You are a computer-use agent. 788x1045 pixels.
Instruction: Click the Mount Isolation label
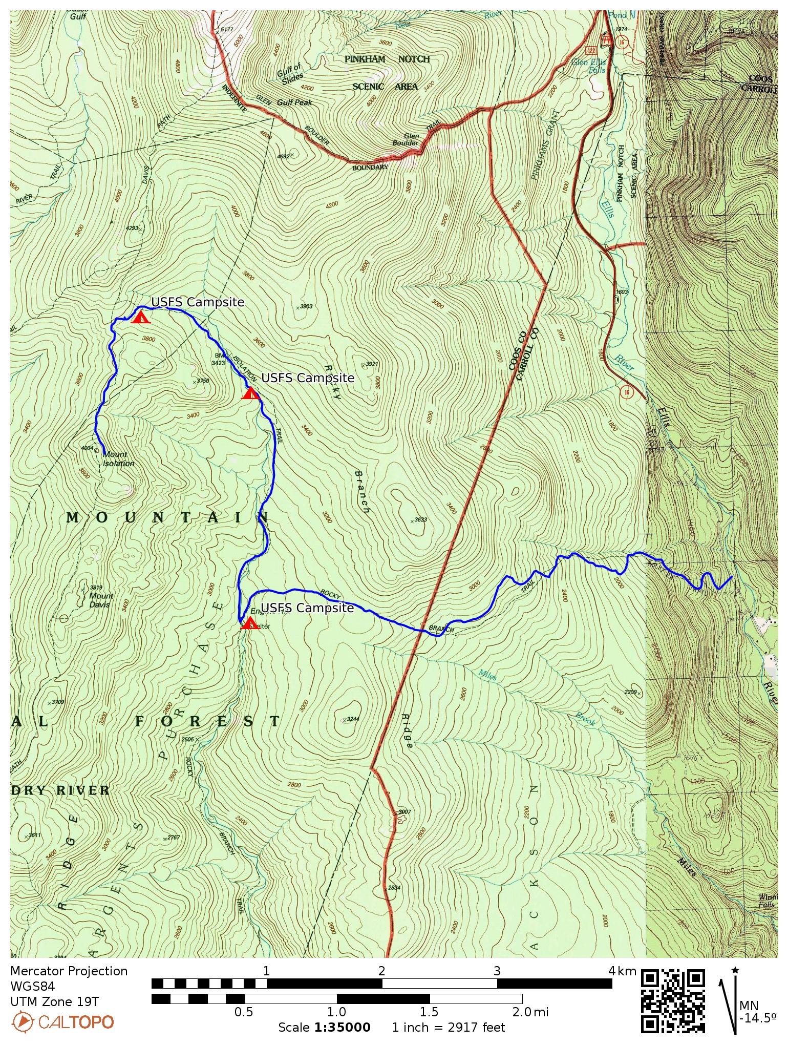click(x=118, y=459)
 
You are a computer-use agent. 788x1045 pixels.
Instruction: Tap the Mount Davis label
click(x=101, y=600)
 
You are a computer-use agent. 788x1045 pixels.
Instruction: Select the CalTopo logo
click(x=62, y=1022)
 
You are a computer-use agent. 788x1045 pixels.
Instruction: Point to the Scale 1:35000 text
click(x=324, y=1028)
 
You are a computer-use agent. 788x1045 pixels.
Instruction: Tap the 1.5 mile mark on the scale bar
click(x=429, y=1012)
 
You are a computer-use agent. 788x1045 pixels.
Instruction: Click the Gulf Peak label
click(x=294, y=102)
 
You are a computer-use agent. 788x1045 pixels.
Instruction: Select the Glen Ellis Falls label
click(x=589, y=66)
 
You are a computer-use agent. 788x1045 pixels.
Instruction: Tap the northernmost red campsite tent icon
click(x=140, y=317)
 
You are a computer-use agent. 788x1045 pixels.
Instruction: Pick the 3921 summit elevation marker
click(x=371, y=364)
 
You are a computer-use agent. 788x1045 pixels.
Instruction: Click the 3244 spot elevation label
click(x=352, y=719)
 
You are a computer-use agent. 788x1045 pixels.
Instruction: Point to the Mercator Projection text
click(x=69, y=971)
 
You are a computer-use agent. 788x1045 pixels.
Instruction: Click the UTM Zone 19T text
click(x=54, y=1001)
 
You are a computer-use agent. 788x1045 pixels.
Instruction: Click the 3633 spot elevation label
click(x=420, y=519)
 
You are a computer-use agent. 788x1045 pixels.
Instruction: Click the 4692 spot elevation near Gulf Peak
click(x=283, y=156)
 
